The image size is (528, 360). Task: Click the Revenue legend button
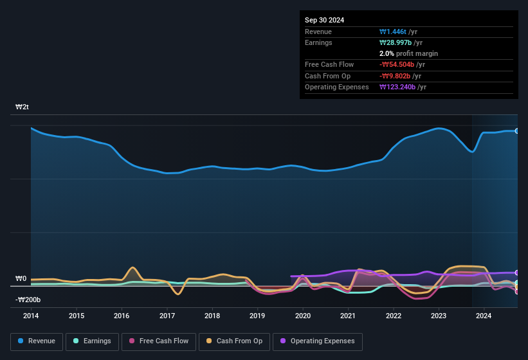tap(37, 341)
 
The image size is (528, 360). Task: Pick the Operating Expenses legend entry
tap(318, 341)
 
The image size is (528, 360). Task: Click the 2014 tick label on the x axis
tap(31, 316)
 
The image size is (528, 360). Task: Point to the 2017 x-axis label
tap(167, 316)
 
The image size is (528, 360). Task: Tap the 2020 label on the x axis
tap(303, 316)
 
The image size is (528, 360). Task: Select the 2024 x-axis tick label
tap(484, 316)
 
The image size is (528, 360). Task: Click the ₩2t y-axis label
tap(23, 107)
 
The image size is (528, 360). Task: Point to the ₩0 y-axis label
tap(21, 279)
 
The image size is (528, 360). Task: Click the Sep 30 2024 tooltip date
tap(324, 20)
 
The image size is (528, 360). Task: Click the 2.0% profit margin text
tap(408, 53)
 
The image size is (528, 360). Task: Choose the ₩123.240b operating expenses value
tap(403, 87)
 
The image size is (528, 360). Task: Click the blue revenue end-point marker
tap(517, 130)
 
